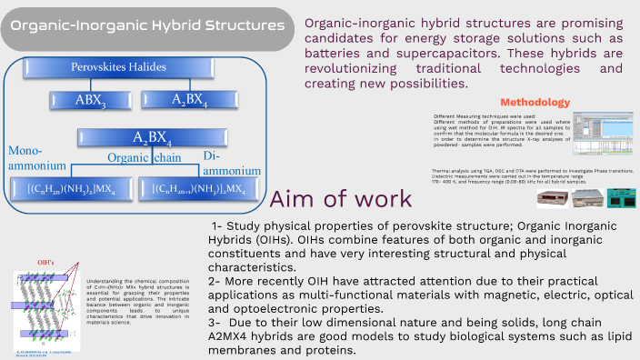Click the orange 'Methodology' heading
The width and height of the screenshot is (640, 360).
coord(535,102)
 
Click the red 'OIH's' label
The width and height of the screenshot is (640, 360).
coord(45,264)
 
